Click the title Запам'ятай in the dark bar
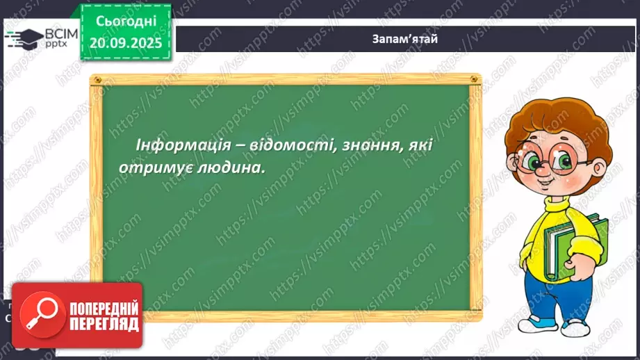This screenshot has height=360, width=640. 404,39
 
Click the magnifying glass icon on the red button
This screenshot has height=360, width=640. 40,316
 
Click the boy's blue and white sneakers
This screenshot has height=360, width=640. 539,323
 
